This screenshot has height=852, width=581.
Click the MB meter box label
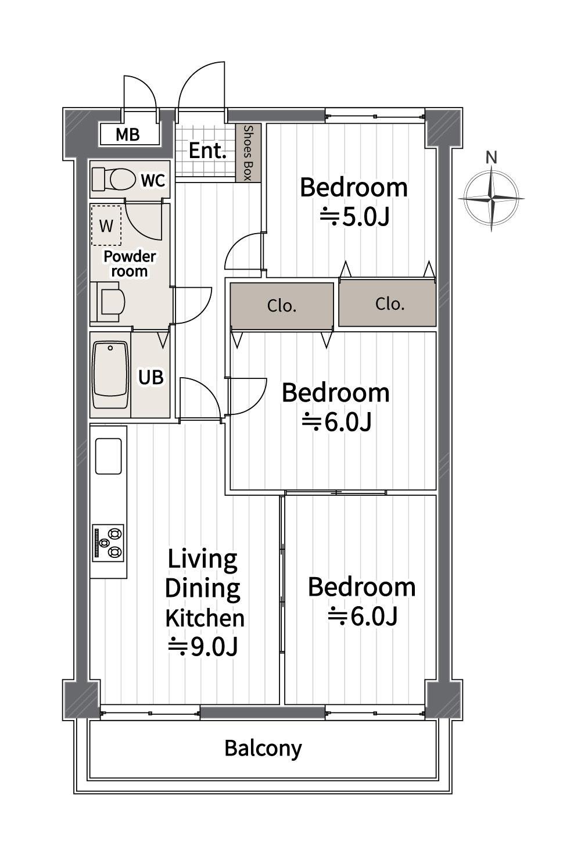click(127, 135)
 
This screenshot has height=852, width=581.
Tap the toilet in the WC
click(114, 179)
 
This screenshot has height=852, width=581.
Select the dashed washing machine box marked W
click(106, 225)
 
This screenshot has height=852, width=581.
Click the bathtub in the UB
click(110, 375)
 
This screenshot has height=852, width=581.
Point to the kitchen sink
click(109, 456)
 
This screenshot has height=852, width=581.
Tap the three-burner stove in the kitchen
click(109, 542)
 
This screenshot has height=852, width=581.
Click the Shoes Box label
click(248, 153)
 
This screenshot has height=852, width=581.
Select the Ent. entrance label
click(207, 151)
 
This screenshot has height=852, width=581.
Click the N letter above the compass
click(492, 157)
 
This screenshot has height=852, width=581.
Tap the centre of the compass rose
click(492, 198)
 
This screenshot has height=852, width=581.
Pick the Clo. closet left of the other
click(282, 306)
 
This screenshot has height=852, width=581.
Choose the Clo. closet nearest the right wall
click(388, 304)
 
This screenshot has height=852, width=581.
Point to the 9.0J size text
click(203, 646)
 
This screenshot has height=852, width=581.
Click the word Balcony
click(263, 748)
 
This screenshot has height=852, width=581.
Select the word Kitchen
click(205, 618)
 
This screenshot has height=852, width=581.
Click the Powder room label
click(130, 264)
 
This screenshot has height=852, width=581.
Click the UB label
click(151, 377)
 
